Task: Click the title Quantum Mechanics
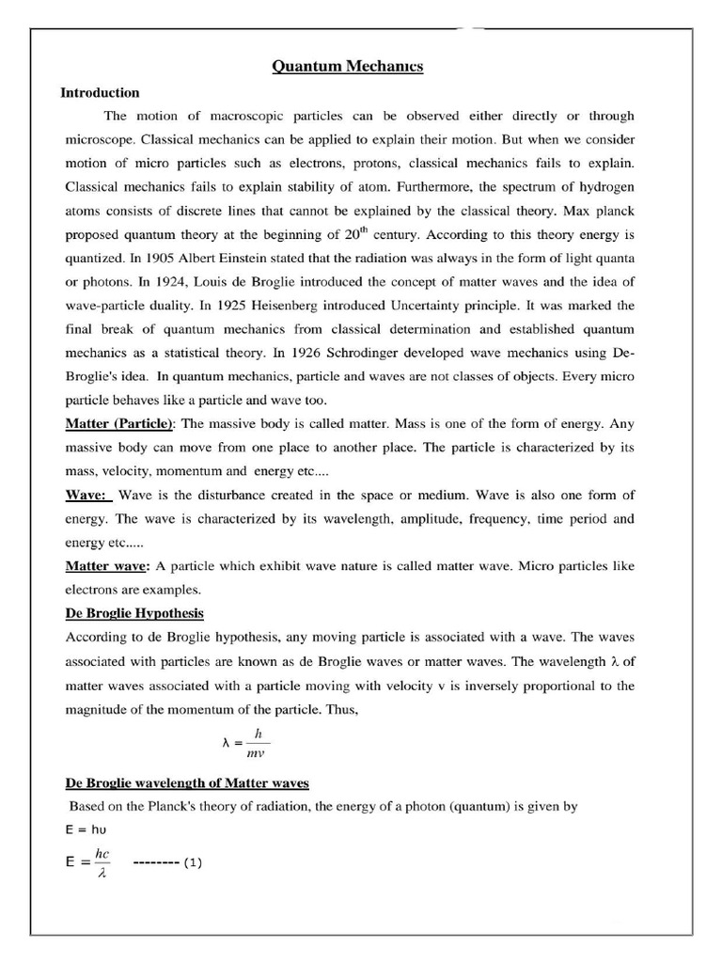click(347, 66)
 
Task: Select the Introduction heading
click(100, 93)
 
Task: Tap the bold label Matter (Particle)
click(119, 423)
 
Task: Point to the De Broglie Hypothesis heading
click(133, 613)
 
